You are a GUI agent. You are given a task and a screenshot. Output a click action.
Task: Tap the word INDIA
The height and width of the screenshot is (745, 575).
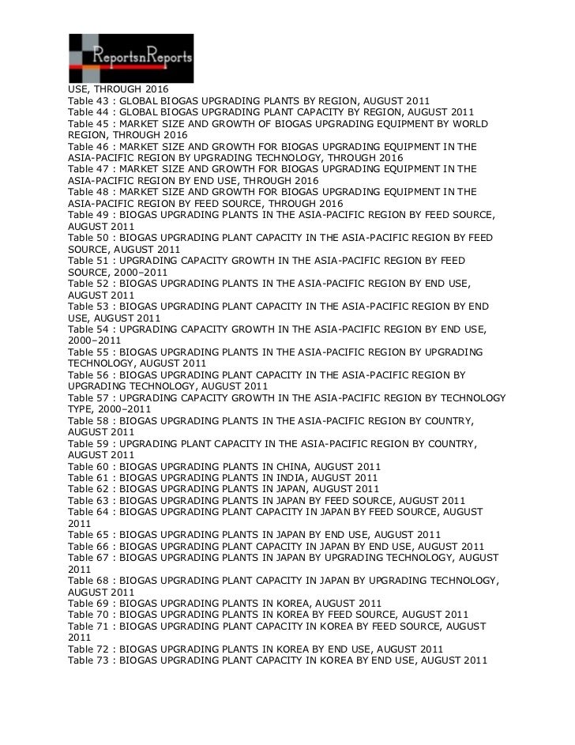(x=303, y=478)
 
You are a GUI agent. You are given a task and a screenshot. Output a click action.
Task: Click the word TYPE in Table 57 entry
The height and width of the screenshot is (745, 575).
(x=81, y=409)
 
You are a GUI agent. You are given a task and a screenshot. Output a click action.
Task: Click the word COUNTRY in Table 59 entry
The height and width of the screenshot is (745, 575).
(x=447, y=443)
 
